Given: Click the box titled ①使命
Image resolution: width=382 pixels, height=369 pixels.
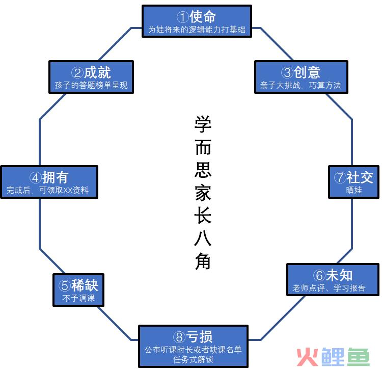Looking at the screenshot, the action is pos(197,21).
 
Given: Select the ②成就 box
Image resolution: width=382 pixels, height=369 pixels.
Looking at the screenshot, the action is pos(91,77).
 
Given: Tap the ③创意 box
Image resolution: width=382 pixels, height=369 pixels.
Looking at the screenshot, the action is pos(301,77).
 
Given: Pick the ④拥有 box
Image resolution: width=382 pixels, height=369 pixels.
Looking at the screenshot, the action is pos(49,182).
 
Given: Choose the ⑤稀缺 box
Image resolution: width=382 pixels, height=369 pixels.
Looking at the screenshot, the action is pos(78,290).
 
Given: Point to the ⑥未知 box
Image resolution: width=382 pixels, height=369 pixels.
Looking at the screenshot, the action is pos(333,279).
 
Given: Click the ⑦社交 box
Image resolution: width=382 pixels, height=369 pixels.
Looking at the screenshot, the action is pos(354,182).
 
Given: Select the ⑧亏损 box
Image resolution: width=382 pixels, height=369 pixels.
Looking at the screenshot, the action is pos(193,347).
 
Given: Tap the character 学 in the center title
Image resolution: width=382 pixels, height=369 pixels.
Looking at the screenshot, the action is pos(203,124).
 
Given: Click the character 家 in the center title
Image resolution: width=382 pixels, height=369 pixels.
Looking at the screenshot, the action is pos(203,193).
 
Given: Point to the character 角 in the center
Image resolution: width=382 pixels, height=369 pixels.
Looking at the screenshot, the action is pos(203,261).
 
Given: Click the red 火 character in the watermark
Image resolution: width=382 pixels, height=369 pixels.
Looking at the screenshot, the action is pos(307,357).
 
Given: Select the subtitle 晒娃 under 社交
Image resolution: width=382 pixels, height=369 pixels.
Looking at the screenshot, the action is pos(354,190).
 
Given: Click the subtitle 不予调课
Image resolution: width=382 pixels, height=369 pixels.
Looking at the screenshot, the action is pos(78,298).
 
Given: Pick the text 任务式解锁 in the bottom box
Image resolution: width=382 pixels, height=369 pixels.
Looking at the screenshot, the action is pos(193,359).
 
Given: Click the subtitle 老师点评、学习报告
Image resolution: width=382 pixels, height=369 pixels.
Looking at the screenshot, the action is pos(329,288).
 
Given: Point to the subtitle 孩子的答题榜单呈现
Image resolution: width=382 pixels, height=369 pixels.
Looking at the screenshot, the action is pos(91,85).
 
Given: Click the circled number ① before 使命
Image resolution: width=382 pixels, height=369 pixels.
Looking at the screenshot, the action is pos(183,17).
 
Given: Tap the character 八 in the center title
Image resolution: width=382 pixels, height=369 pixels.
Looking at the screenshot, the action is pos(203,238).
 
